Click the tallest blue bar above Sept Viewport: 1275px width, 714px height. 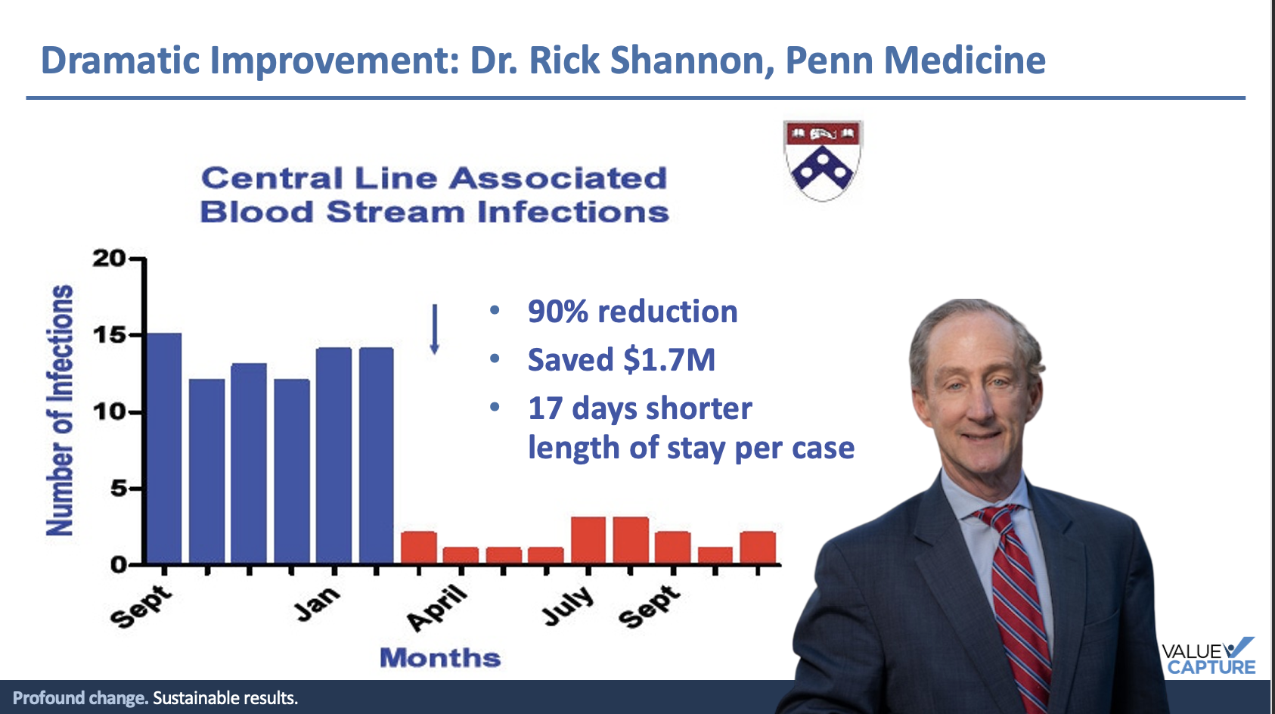coord(165,449)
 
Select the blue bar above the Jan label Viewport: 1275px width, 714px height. coord(334,456)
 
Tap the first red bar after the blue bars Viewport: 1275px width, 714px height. coord(419,548)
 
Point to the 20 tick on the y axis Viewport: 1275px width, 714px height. coord(109,259)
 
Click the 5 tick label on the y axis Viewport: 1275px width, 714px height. coord(119,489)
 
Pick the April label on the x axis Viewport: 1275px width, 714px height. coord(437,608)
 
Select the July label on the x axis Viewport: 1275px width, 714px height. coord(567,606)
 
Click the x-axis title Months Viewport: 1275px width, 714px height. coord(441,657)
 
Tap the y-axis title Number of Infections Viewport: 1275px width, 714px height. coord(60,410)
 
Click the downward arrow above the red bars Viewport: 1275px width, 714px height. coord(434,329)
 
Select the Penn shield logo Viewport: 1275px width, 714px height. coord(823,160)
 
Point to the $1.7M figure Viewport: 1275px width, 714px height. coord(669,360)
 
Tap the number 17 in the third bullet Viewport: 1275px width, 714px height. coord(545,408)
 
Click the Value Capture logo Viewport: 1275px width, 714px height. coord(1208,656)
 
